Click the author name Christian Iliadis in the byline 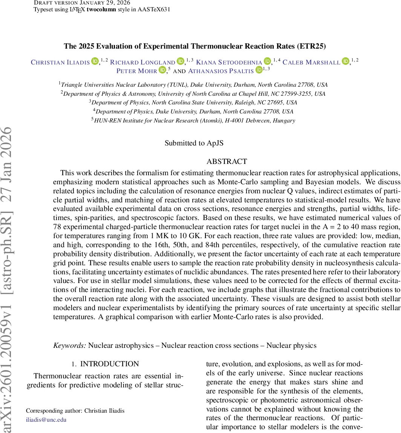(60, 62)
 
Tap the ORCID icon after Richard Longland (181, 61)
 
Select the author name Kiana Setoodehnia (229, 62)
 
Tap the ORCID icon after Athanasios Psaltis (259, 70)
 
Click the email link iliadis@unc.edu (46, 419)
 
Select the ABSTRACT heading (227, 162)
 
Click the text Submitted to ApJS (194, 143)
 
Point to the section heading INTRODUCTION (109, 364)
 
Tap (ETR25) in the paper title (311, 46)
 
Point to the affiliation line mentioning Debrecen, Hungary (194, 121)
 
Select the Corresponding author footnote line (75, 411)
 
